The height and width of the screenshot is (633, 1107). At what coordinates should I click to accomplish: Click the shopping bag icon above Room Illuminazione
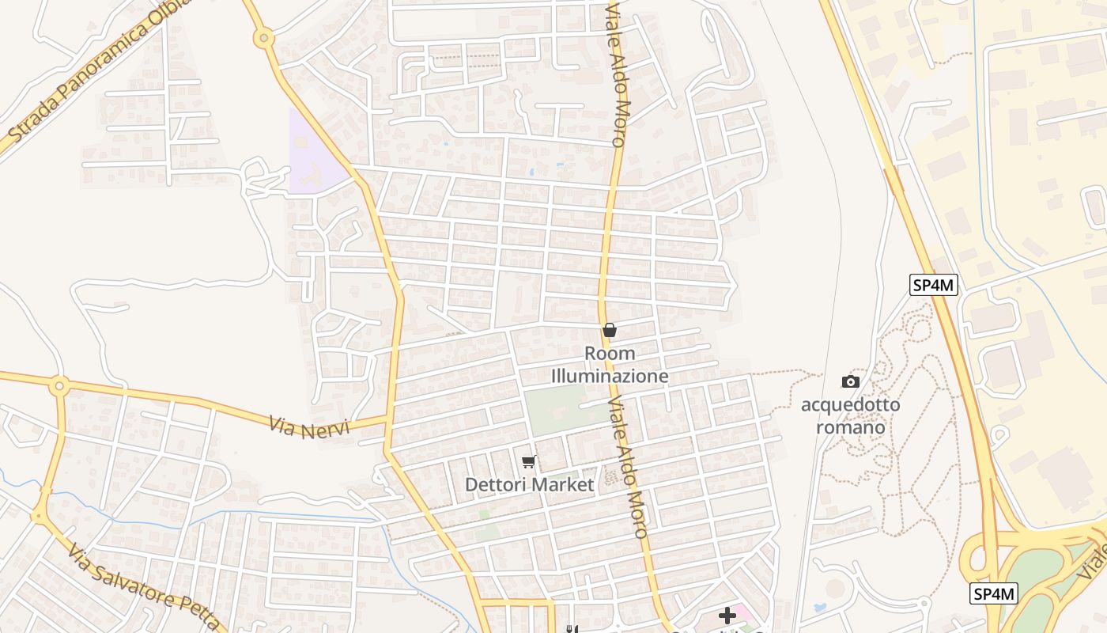(610, 330)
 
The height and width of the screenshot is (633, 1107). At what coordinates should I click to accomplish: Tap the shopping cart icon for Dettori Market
(528, 462)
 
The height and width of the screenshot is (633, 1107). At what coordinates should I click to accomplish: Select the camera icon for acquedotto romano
(850, 382)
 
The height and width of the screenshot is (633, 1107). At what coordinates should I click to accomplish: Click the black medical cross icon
(727, 616)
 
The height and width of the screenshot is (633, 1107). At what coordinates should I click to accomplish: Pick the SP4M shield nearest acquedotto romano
(934, 285)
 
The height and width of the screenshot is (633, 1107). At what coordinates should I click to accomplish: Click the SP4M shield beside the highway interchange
(994, 593)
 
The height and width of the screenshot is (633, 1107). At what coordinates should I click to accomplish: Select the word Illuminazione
(610, 376)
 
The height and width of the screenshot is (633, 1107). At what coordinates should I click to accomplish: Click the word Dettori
(493, 484)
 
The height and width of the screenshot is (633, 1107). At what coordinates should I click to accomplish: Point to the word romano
(850, 427)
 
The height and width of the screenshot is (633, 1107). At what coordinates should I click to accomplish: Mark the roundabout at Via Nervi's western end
(59, 387)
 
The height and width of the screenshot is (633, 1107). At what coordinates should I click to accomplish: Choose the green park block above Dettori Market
(558, 409)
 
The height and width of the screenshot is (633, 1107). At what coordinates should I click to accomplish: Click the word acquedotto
(850, 405)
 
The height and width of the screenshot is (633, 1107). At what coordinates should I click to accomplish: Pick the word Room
(610, 354)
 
